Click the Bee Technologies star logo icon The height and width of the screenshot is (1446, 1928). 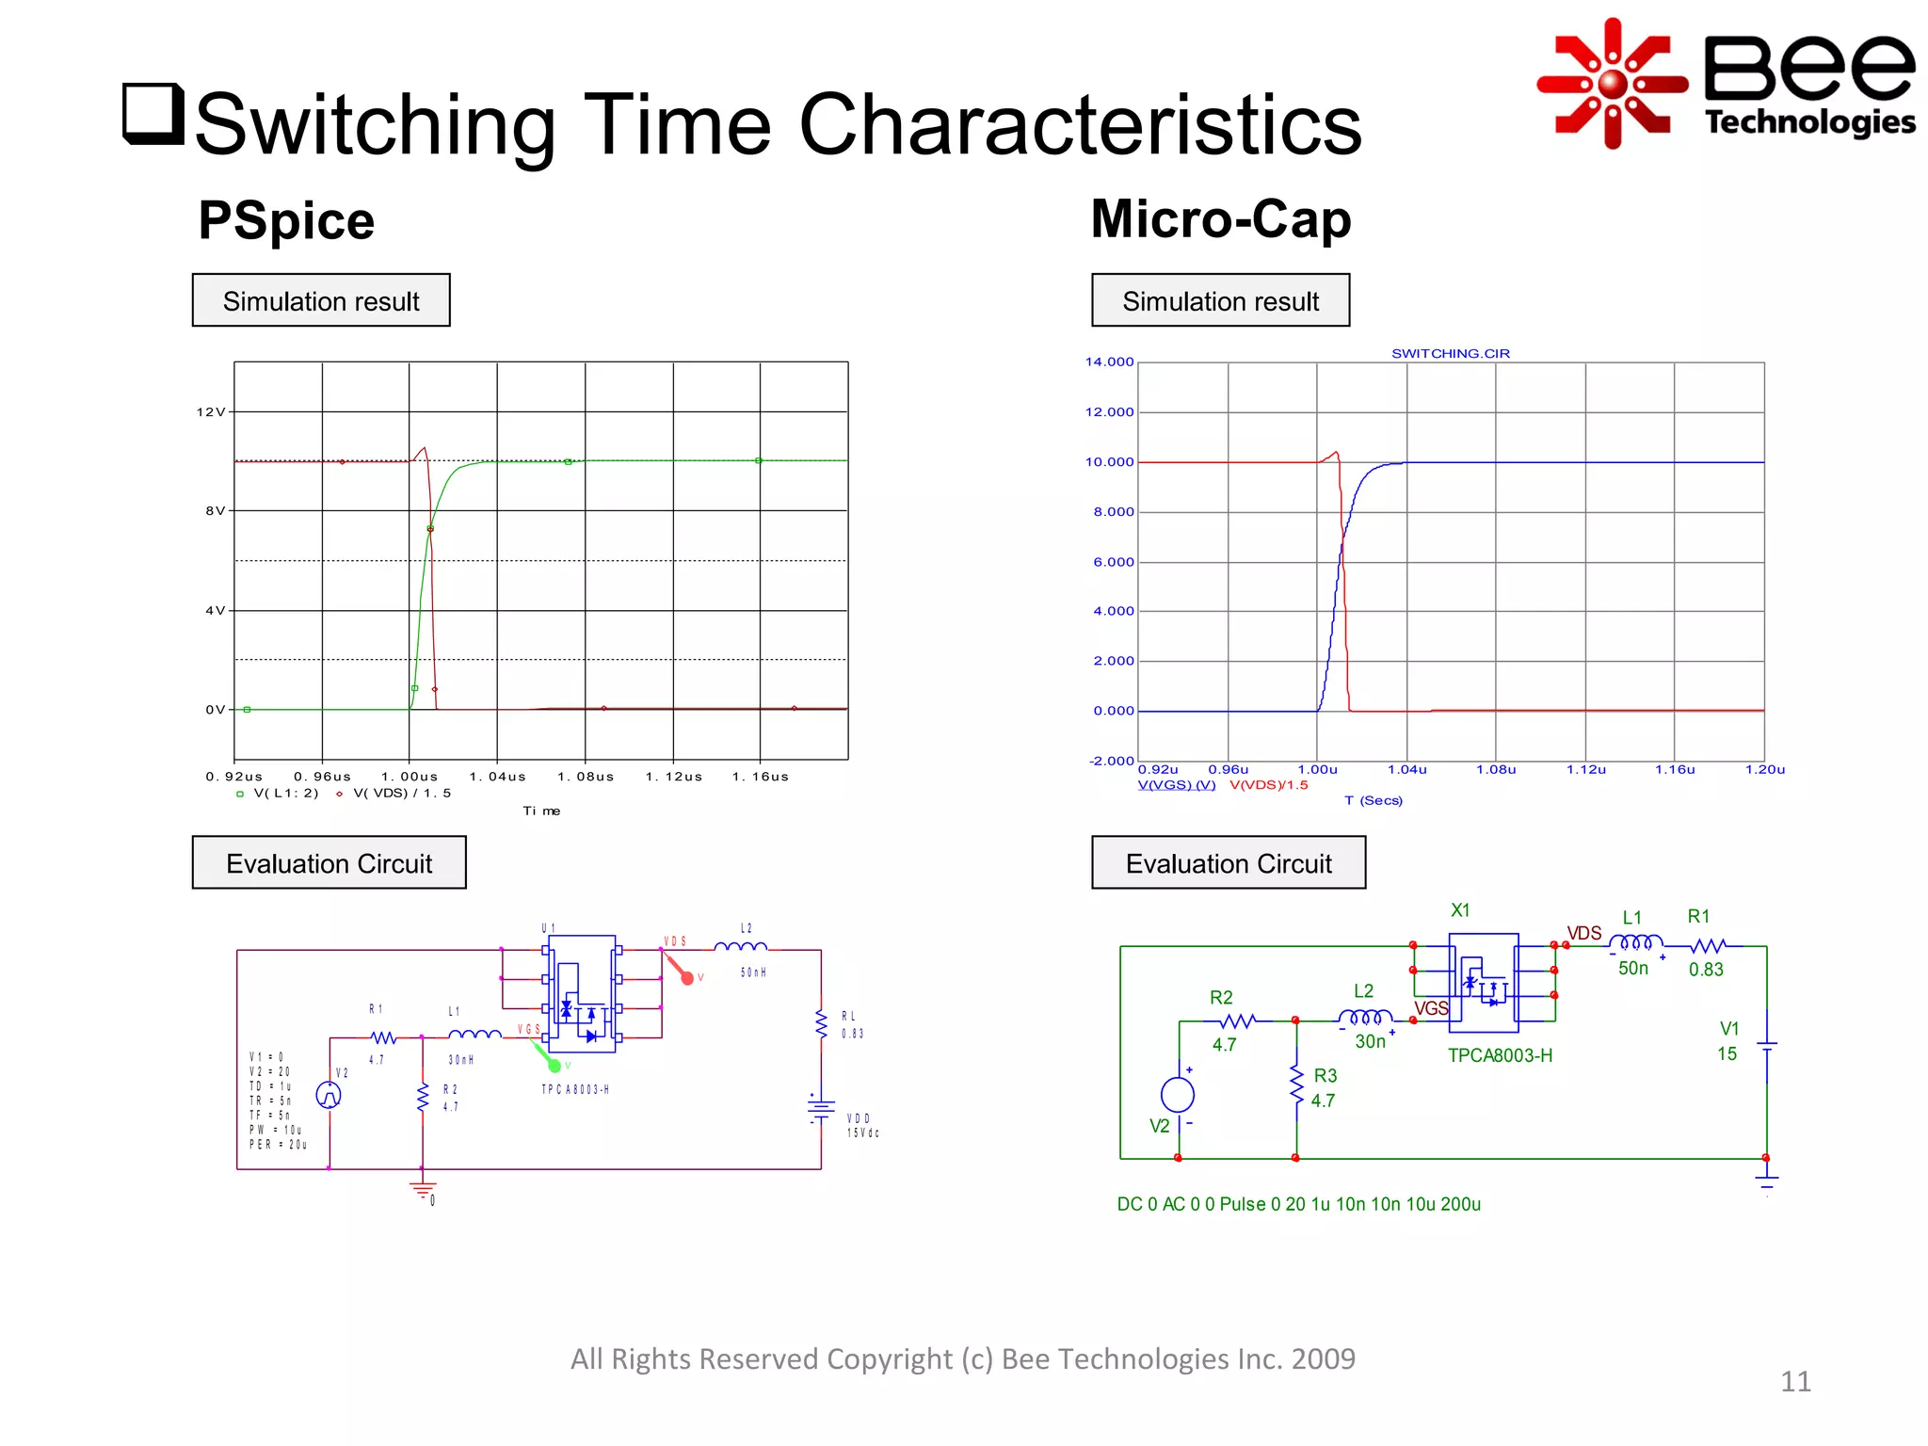[x=1613, y=83]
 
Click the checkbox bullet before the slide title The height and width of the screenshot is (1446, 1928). [x=153, y=114]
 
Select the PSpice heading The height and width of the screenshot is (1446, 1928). [x=286, y=220]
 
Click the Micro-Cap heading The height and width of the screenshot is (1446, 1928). [x=1220, y=218]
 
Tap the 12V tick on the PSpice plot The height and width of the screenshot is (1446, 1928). [x=211, y=411]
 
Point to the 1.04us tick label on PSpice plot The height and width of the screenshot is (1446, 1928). [x=497, y=777]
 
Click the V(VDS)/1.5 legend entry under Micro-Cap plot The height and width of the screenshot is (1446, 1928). [x=1268, y=785]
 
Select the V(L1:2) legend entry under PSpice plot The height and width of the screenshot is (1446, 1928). [x=285, y=794]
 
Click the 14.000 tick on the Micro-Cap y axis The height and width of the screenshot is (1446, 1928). [x=1109, y=361]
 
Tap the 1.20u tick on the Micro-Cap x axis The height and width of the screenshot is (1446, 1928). [x=1764, y=769]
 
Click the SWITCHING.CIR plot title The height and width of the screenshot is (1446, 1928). [x=1450, y=353]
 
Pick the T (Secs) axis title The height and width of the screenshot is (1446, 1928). [x=1373, y=800]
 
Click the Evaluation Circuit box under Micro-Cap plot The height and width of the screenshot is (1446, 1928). [x=1228, y=862]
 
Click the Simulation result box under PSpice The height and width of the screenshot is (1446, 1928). [x=321, y=300]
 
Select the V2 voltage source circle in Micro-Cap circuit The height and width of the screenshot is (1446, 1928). [x=1178, y=1094]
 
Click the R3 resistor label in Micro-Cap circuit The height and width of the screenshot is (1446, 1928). [x=1325, y=1075]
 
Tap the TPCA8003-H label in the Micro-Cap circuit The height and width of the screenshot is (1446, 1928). [x=1500, y=1055]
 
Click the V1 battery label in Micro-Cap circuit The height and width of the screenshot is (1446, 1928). [x=1729, y=1029]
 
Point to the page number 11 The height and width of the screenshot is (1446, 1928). [x=1795, y=1381]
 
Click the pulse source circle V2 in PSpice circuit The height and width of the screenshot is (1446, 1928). [x=329, y=1095]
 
